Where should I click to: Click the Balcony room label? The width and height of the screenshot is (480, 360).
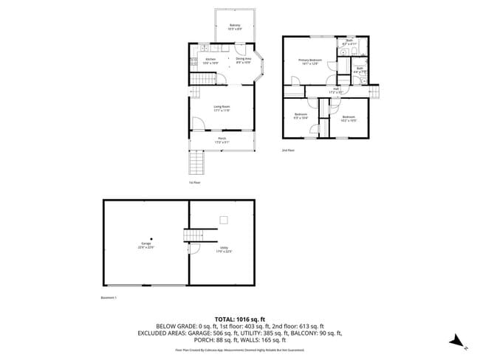coord(235,27)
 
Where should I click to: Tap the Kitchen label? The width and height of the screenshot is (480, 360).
coord(210,60)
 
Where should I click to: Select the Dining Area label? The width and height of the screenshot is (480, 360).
coord(244,60)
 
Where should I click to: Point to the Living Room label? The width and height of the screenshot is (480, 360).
coord(222,108)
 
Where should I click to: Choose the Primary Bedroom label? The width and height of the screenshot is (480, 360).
coord(311,61)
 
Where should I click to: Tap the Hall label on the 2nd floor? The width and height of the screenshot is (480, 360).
coord(336,90)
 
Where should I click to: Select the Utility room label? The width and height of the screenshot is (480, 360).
coord(224,249)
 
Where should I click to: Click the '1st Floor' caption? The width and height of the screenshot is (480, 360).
coord(195,182)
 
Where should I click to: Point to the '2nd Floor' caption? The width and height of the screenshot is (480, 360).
coord(288,150)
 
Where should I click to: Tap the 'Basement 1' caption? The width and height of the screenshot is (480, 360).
coord(109,297)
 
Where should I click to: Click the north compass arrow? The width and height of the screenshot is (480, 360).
coord(458,340)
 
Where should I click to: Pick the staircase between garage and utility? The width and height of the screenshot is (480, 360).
coord(193,235)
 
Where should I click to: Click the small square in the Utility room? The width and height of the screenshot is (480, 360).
coord(224,219)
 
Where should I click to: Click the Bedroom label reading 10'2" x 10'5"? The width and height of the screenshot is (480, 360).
coord(349,118)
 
